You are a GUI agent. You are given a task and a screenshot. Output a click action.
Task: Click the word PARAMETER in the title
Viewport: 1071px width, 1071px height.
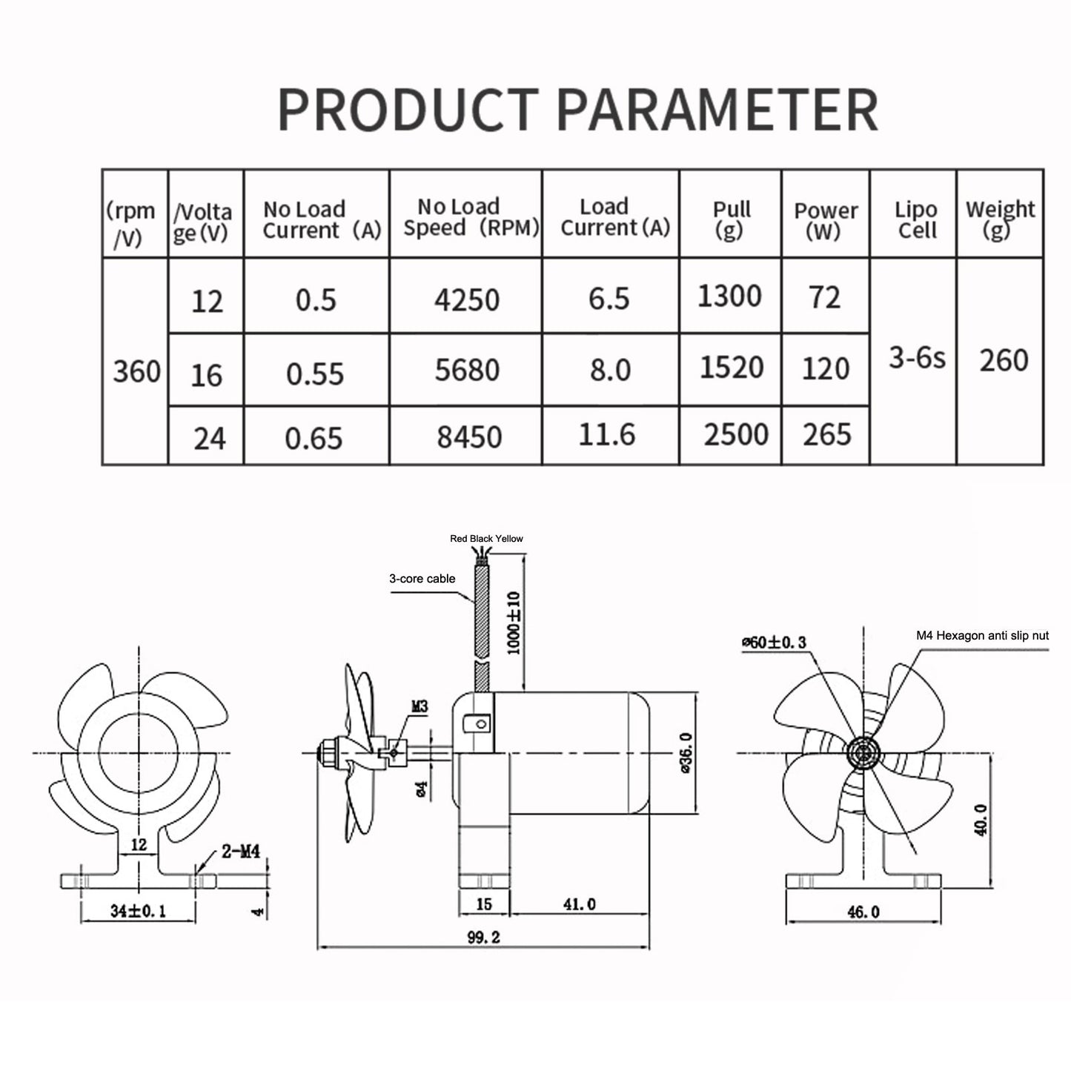[717, 109]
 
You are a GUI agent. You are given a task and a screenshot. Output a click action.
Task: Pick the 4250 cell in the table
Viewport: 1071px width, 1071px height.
[467, 299]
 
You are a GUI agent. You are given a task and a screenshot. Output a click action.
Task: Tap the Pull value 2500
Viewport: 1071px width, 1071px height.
[736, 434]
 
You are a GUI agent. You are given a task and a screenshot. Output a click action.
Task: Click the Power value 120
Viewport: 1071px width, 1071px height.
[826, 368]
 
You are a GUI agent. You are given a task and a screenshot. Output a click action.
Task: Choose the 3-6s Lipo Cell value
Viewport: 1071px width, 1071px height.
[917, 357]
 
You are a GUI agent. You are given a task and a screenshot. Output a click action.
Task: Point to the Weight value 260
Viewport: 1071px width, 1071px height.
[1004, 360]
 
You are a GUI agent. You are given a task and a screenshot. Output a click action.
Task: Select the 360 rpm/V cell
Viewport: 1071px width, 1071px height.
[136, 371]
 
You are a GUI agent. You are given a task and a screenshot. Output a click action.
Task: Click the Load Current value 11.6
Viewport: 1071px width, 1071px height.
[606, 434]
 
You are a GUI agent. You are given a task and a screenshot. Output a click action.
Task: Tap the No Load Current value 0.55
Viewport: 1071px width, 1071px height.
[314, 374]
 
